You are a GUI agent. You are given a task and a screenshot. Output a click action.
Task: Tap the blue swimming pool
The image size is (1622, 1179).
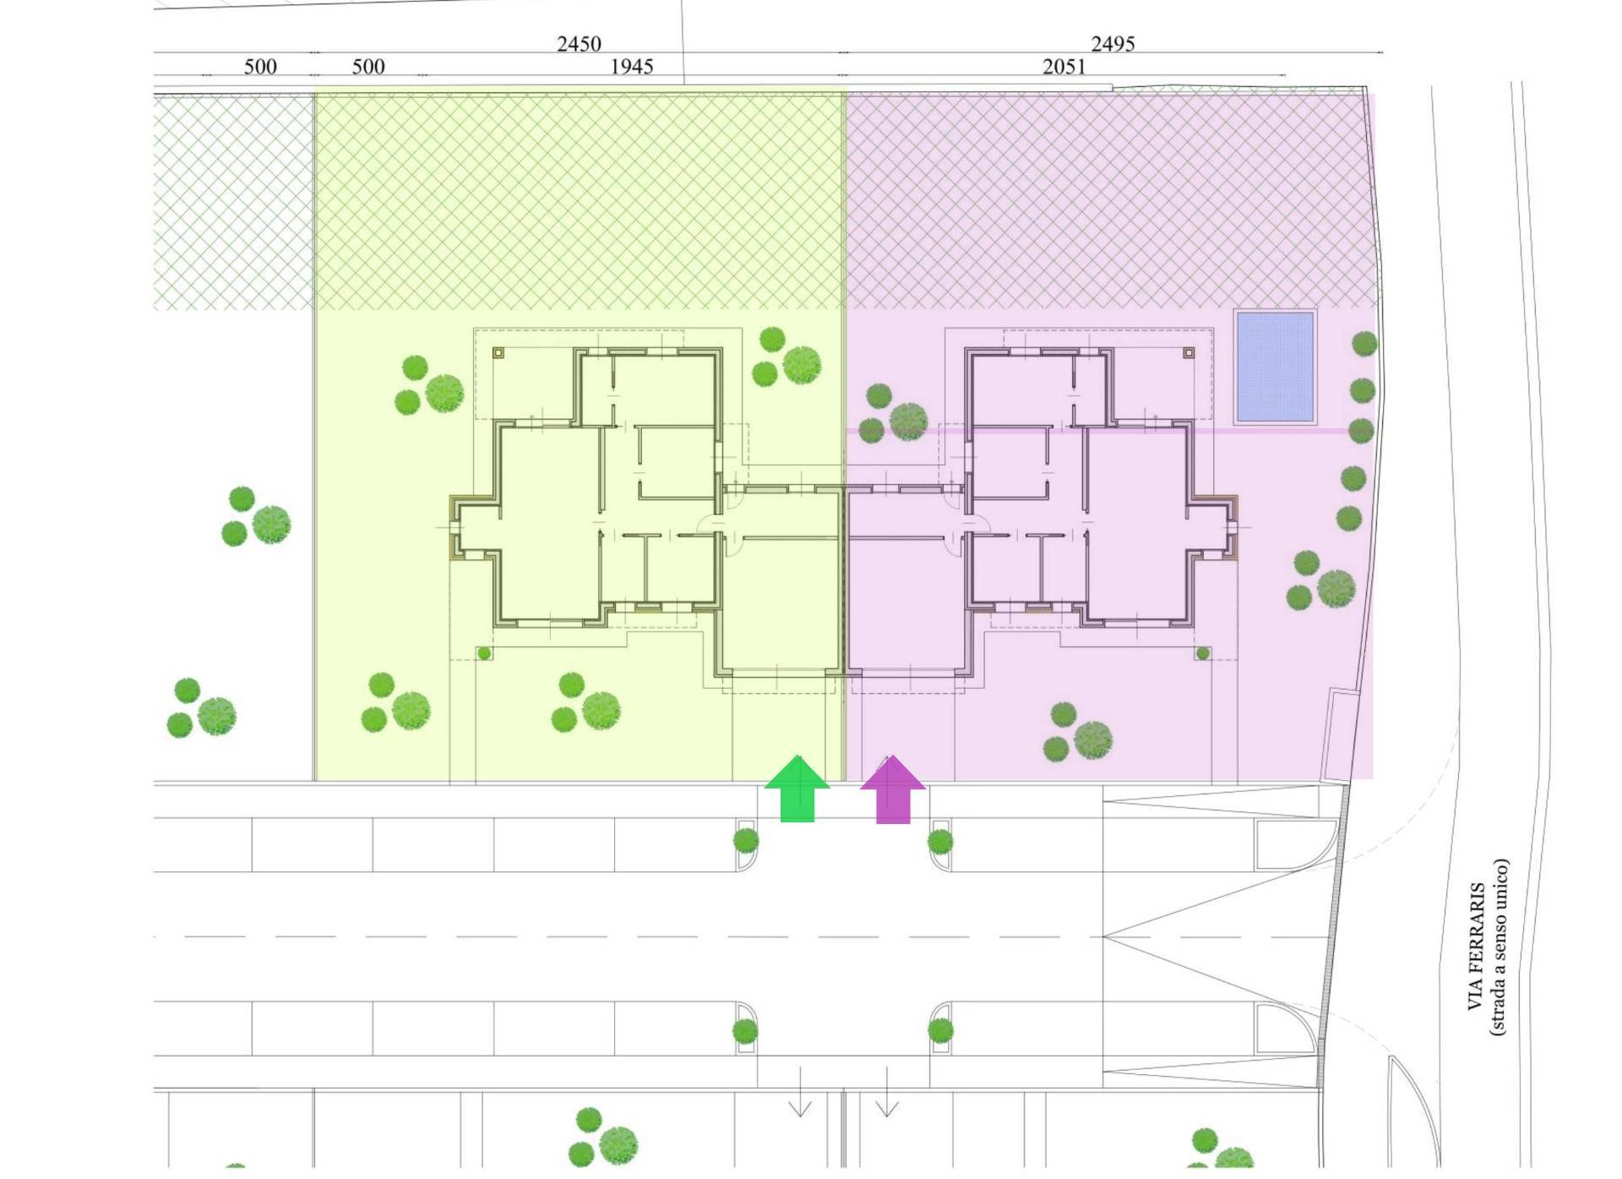1275,366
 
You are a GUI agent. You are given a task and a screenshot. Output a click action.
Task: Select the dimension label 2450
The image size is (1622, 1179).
579,43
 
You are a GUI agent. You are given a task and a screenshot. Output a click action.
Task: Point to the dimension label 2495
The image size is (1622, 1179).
1113,43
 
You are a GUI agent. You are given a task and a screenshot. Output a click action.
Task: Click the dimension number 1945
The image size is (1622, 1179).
631,66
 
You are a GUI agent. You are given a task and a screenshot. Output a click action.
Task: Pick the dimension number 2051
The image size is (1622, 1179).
1064,66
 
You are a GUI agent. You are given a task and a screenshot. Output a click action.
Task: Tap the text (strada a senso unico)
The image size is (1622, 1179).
1499,947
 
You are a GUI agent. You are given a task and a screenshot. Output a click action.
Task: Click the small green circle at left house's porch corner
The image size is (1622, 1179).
484,653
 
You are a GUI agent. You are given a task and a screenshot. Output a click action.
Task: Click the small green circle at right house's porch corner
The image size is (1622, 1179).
1202,653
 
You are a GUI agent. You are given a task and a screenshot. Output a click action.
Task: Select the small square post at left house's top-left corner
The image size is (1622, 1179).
498,352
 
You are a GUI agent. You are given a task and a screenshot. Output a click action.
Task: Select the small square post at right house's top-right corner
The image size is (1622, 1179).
1189,352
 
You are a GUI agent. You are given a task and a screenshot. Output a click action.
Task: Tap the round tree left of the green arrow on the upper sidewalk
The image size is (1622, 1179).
745,840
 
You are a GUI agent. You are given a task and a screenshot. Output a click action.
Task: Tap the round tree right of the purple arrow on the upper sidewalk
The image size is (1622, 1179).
940,841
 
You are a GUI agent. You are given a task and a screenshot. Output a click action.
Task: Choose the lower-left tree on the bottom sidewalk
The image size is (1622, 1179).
744,1031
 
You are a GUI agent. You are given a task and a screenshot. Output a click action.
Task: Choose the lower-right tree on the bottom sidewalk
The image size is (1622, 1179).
940,1030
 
